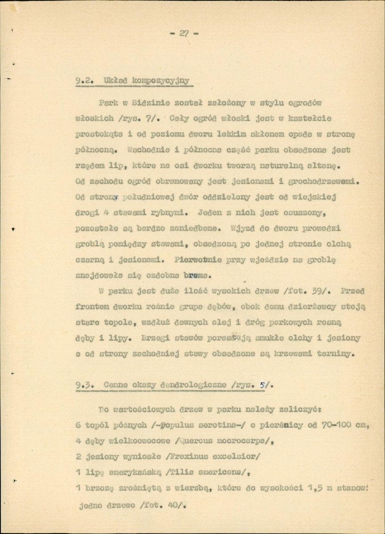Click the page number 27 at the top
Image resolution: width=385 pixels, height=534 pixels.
pos(184,33)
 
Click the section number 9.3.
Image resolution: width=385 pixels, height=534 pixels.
pos(84,385)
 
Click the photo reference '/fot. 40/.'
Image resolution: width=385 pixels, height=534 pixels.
pos(167,505)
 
